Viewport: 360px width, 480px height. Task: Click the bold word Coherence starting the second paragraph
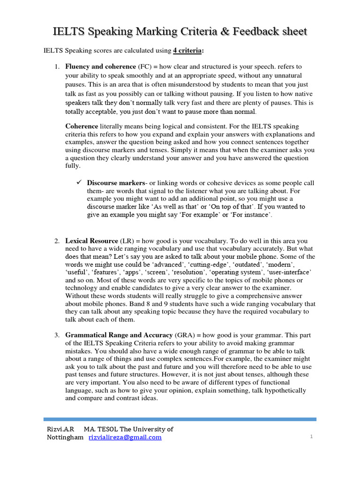pyautogui.click(x=82, y=126)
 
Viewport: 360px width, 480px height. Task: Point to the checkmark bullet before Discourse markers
pyautogui.click(x=79, y=182)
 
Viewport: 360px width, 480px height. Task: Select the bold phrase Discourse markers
pyautogui.click(x=116, y=183)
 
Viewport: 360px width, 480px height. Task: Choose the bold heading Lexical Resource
pyautogui.click(x=91, y=241)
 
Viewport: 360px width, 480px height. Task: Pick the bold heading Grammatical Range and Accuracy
pyautogui.click(x=120, y=336)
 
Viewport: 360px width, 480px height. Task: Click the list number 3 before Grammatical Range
pyautogui.click(x=56, y=336)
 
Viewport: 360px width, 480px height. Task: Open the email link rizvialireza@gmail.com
pyautogui.click(x=125, y=437)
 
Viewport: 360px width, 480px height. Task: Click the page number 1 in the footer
pyautogui.click(x=311, y=437)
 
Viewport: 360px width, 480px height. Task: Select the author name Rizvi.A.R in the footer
pyautogui.click(x=60, y=429)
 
